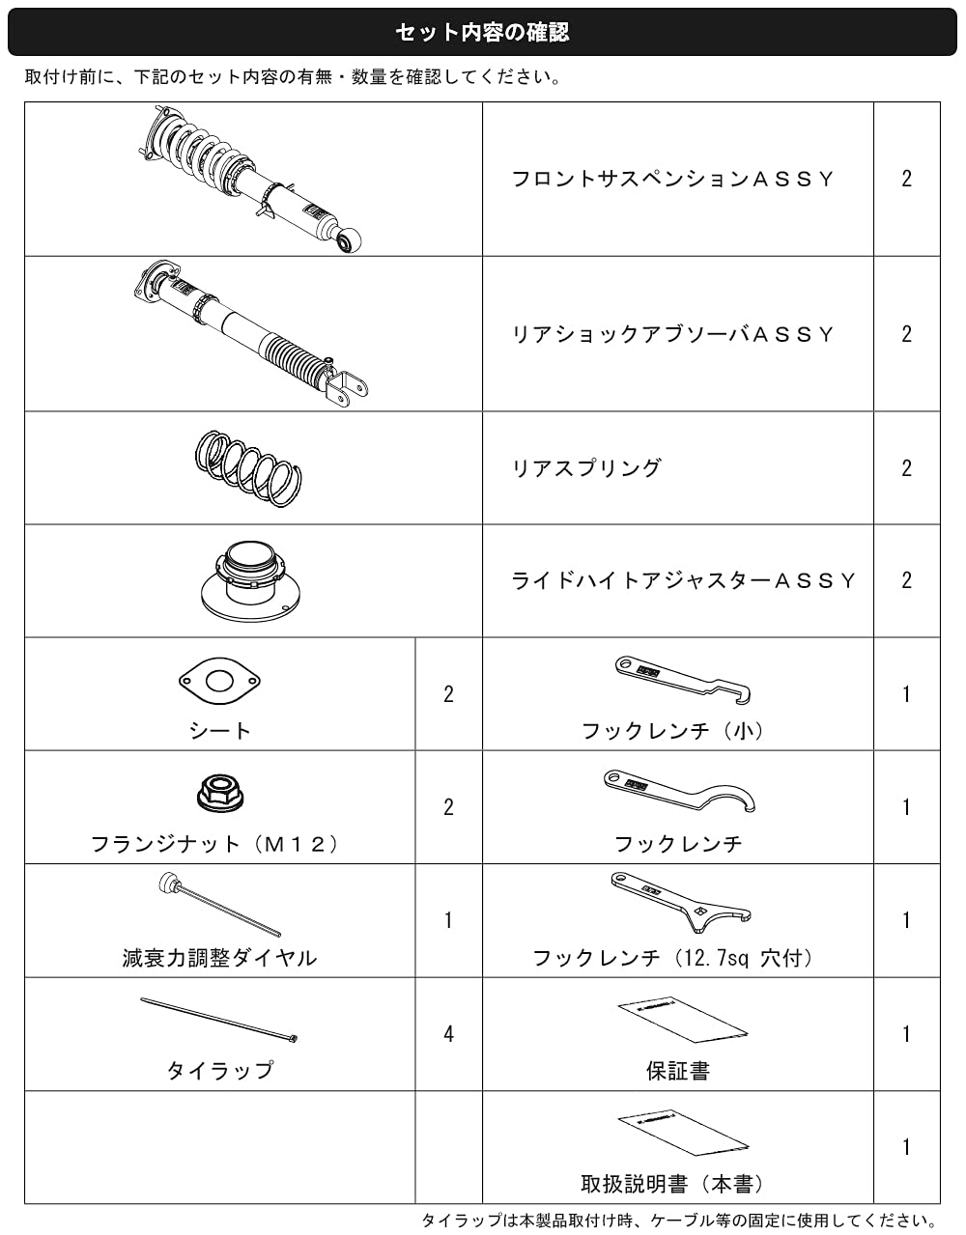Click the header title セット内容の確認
point(482,33)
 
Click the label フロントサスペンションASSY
point(672,179)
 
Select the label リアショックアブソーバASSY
point(672,334)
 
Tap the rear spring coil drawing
point(248,467)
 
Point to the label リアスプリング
point(586,467)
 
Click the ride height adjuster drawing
point(250,581)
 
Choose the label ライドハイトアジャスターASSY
point(683,580)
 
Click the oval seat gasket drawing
point(219,681)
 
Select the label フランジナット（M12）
point(214,844)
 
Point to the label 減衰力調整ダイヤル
point(219,958)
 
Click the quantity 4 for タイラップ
point(448,1034)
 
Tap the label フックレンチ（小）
point(672,731)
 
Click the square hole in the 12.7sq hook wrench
point(700,912)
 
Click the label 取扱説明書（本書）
point(672,1185)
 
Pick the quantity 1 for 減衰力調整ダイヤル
point(448,920)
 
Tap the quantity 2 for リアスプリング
point(906,467)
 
